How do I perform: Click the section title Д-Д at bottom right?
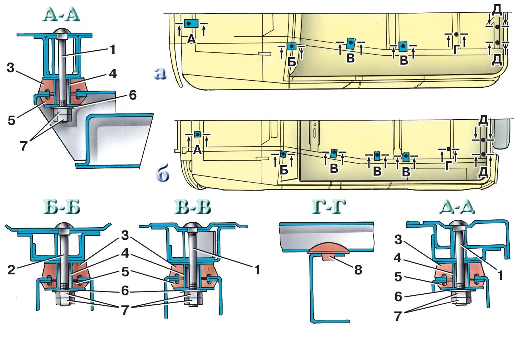(457, 207)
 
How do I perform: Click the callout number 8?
(358, 270)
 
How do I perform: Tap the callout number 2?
(12, 270)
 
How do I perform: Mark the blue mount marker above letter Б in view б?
(283, 154)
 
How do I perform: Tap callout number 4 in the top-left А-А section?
(113, 73)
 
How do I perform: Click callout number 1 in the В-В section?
(257, 270)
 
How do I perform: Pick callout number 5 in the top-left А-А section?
(12, 121)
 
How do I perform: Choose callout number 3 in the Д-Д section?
(398, 240)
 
